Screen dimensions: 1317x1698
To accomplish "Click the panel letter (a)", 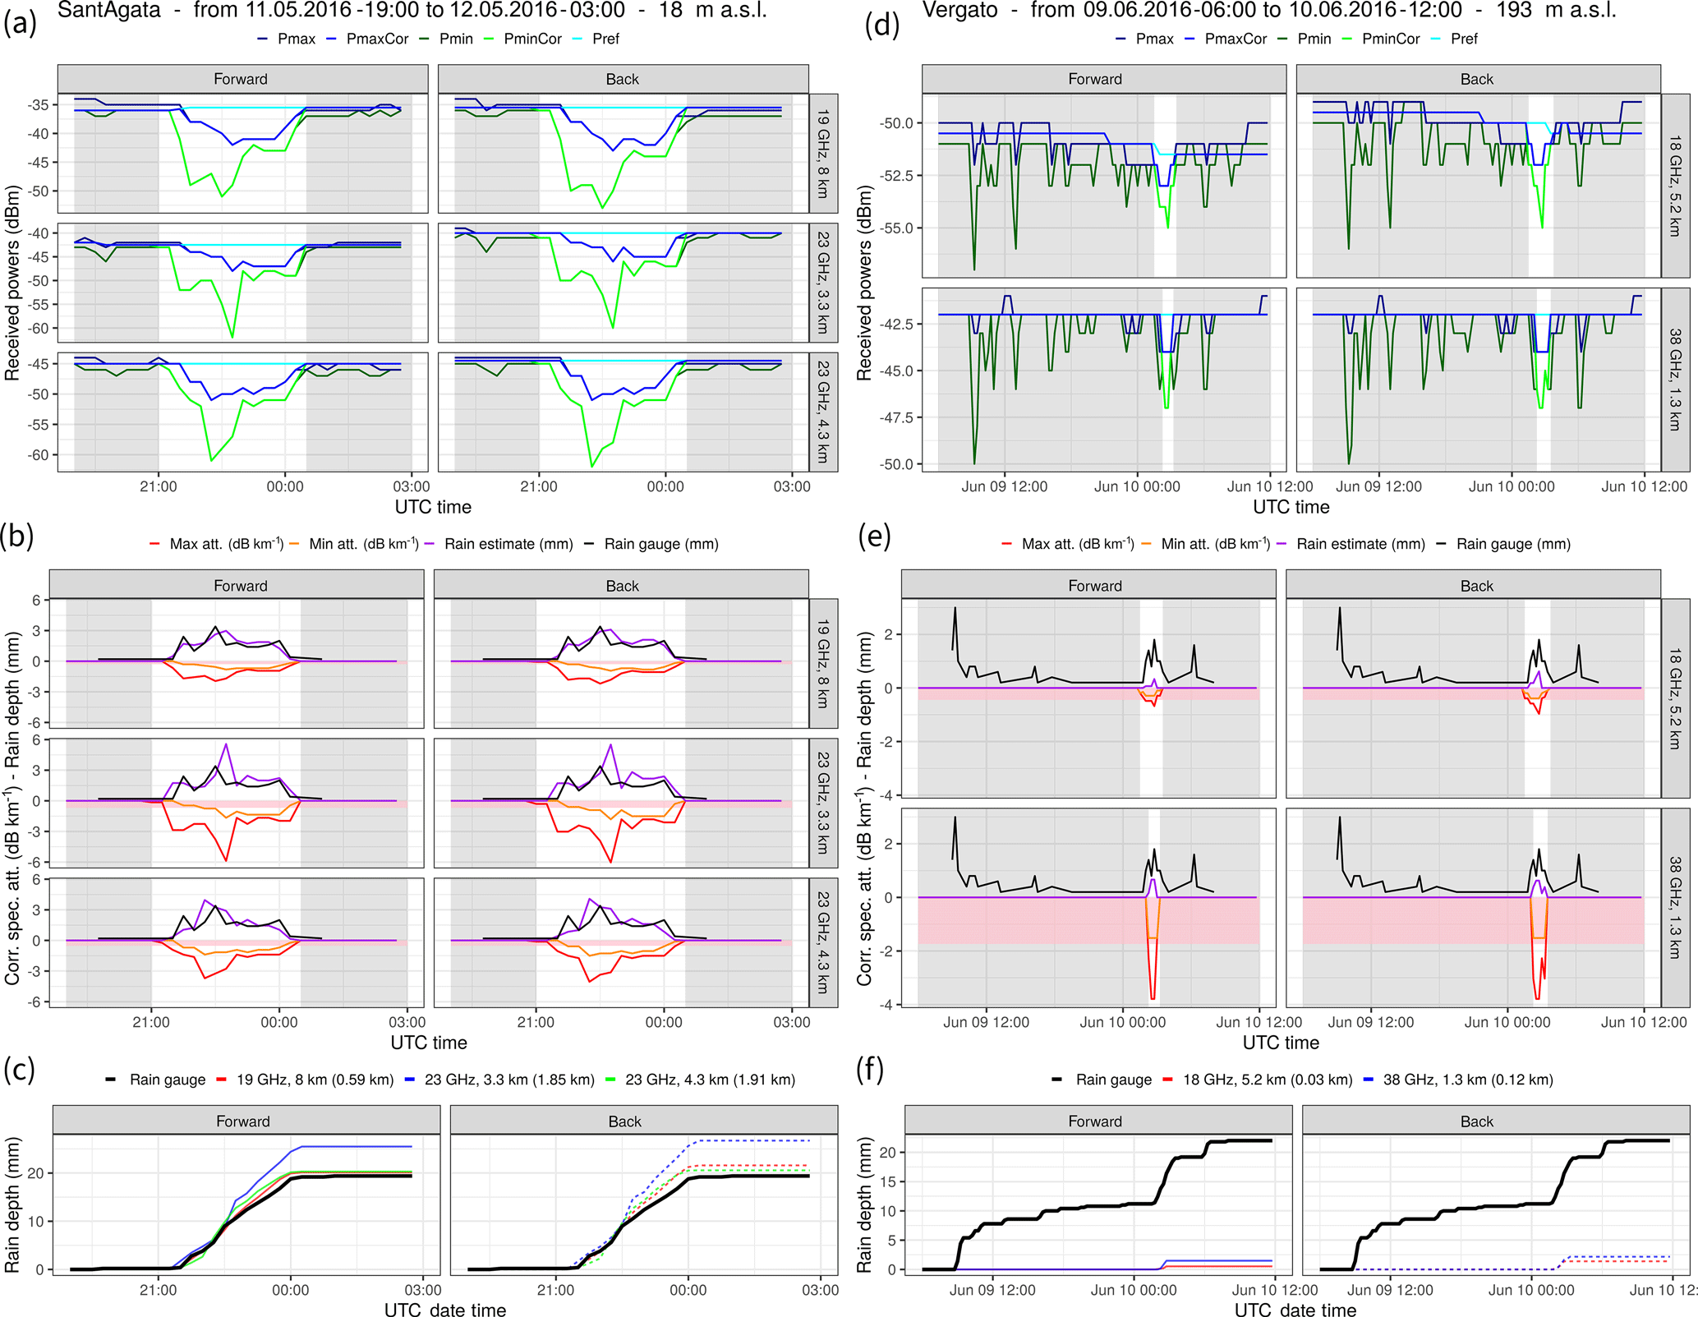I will (20, 25).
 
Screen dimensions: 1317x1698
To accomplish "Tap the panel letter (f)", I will (870, 1070).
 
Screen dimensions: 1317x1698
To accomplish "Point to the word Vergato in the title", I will (960, 11).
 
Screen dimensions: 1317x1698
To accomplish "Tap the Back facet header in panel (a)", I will (622, 79).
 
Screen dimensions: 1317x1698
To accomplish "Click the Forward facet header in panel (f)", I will (1094, 1121).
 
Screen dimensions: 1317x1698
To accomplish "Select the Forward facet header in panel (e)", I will (1094, 586).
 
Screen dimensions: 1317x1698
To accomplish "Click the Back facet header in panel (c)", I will (624, 1121).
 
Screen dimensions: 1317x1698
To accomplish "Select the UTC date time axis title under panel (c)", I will (444, 1310).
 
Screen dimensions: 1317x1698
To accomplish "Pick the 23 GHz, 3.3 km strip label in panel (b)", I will (822, 803).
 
